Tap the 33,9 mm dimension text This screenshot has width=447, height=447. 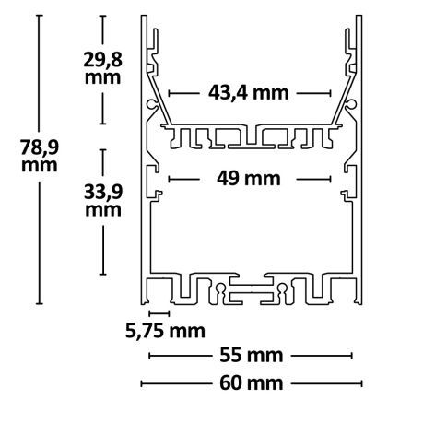click(101, 200)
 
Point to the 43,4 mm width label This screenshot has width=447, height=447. click(250, 92)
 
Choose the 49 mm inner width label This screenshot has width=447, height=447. click(251, 179)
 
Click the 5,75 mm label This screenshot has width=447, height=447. click(165, 329)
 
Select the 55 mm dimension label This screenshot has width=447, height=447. click(250, 355)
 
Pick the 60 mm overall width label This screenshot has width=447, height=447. click(250, 382)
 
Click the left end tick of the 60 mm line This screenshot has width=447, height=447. click(141, 382)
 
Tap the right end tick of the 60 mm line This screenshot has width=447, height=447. click(361, 382)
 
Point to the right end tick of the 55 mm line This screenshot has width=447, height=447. click(351, 355)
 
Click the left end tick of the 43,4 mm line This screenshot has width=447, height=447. click(171, 92)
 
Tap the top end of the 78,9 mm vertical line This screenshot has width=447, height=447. click(39, 18)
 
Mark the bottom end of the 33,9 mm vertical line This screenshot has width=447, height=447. click(101, 275)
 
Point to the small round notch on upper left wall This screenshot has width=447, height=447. click(149, 107)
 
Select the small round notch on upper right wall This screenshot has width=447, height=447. click(353, 107)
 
